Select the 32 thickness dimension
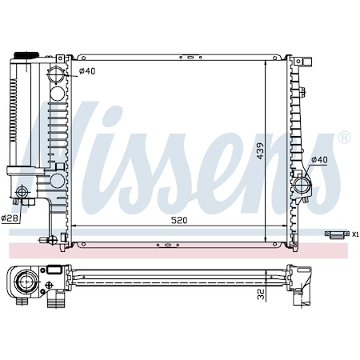tap(261, 294)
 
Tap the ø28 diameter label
tap(10, 218)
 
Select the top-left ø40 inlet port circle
tap(57, 78)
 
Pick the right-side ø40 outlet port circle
tap(302, 186)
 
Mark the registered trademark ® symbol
tap(344, 138)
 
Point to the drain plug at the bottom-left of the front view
tap(50, 238)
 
